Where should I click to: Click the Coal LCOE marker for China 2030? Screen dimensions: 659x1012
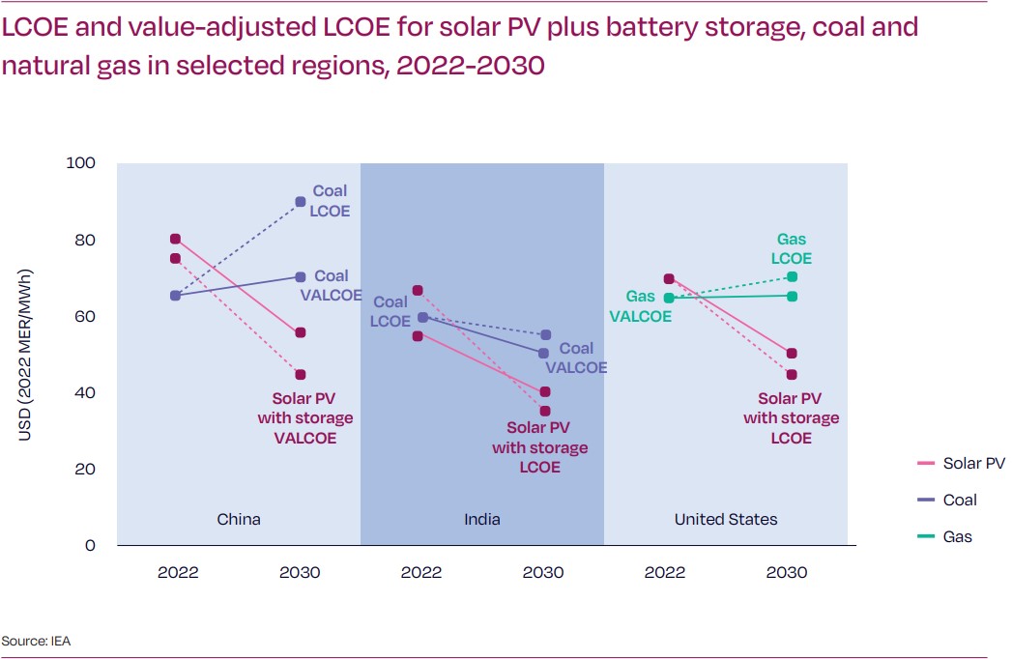pos(301,202)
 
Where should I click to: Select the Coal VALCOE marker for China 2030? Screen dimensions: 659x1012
pos(301,277)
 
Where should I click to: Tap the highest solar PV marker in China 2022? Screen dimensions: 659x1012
pos(175,239)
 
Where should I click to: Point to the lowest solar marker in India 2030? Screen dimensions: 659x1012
pos(545,411)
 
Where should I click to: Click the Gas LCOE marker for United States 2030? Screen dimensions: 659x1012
pos(792,276)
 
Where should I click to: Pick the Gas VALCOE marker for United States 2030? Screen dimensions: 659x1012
pos(792,296)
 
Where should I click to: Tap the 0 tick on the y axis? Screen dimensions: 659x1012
pos(91,545)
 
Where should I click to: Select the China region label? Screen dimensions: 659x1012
pos(238,520)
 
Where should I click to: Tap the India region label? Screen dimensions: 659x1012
pos(482,520)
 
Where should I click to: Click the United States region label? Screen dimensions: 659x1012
pos(726,520)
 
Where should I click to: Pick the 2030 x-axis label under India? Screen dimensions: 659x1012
pos(543,572)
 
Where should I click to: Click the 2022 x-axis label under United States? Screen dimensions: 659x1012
pos(665,572)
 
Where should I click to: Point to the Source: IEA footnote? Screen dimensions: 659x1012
pos(36,641)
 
